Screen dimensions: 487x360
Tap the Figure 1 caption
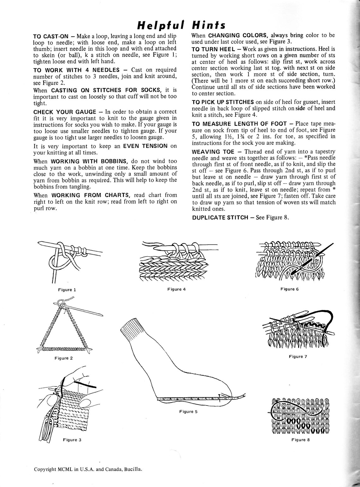pyautogui.click(x=67, y=289)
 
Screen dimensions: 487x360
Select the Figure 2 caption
pyautogui.click(x=63, y=358)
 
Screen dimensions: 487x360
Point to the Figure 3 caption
pyautogui.click(x=72, y=440)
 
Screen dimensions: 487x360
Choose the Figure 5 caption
pyautogui.click(x=188, y=411)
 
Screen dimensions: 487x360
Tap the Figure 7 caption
pyautogui.click(x=298, y=356)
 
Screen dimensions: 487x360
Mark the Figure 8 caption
pyautogui.click(x=298, y=440)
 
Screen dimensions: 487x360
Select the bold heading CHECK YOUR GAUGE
pyautogui.click(x=65, y=112)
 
